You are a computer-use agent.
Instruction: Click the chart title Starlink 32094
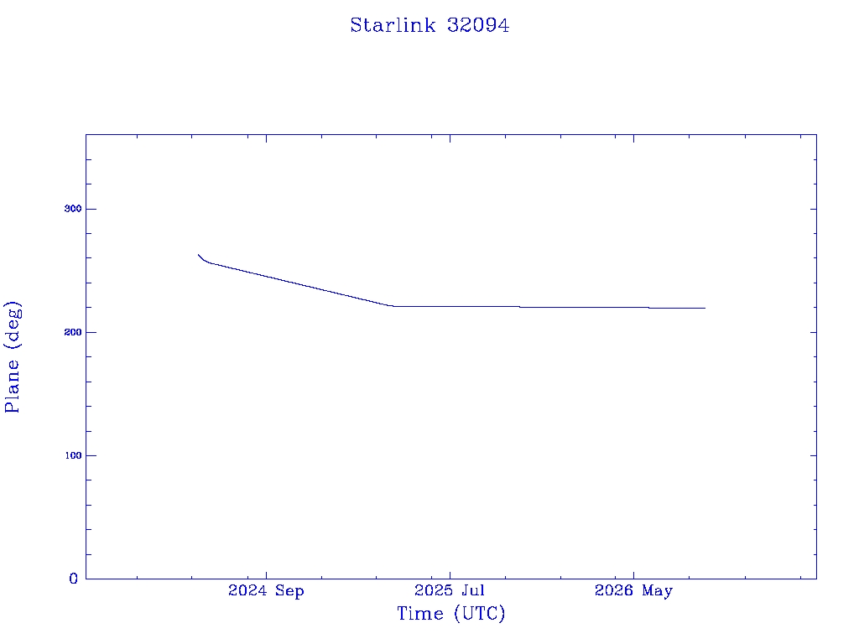[x=429, y=25]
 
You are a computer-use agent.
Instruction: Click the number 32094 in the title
[x=477, y=25]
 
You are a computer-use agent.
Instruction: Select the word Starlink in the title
[x=393, y=25]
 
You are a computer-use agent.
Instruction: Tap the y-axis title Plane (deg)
[x=12, y=357]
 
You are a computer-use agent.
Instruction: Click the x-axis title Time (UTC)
[x=450, y=613]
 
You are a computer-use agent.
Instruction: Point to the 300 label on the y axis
[x=73, y=209]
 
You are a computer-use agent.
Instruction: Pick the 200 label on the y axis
[x=73, y=332]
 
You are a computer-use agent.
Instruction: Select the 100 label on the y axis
[x=73, y=455]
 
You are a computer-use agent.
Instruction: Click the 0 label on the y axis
[x=74, y=579]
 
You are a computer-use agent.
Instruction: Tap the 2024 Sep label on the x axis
[x=266, y=591]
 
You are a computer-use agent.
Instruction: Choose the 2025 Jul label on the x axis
[x=450, y=590]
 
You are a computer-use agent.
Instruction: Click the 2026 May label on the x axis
[x=634, y=591]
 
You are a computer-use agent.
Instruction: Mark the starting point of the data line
[x=198, y=255]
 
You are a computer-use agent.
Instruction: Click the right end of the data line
[x=705, y=309]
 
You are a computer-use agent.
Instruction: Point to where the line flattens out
[x=393, y=306]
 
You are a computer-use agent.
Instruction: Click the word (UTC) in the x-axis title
[x=479, y=613]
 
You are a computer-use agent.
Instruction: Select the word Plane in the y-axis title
[x=12, y=386]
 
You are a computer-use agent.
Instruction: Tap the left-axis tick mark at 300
[x=89, y=209]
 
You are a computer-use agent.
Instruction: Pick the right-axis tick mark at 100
[x=813, y=455]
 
